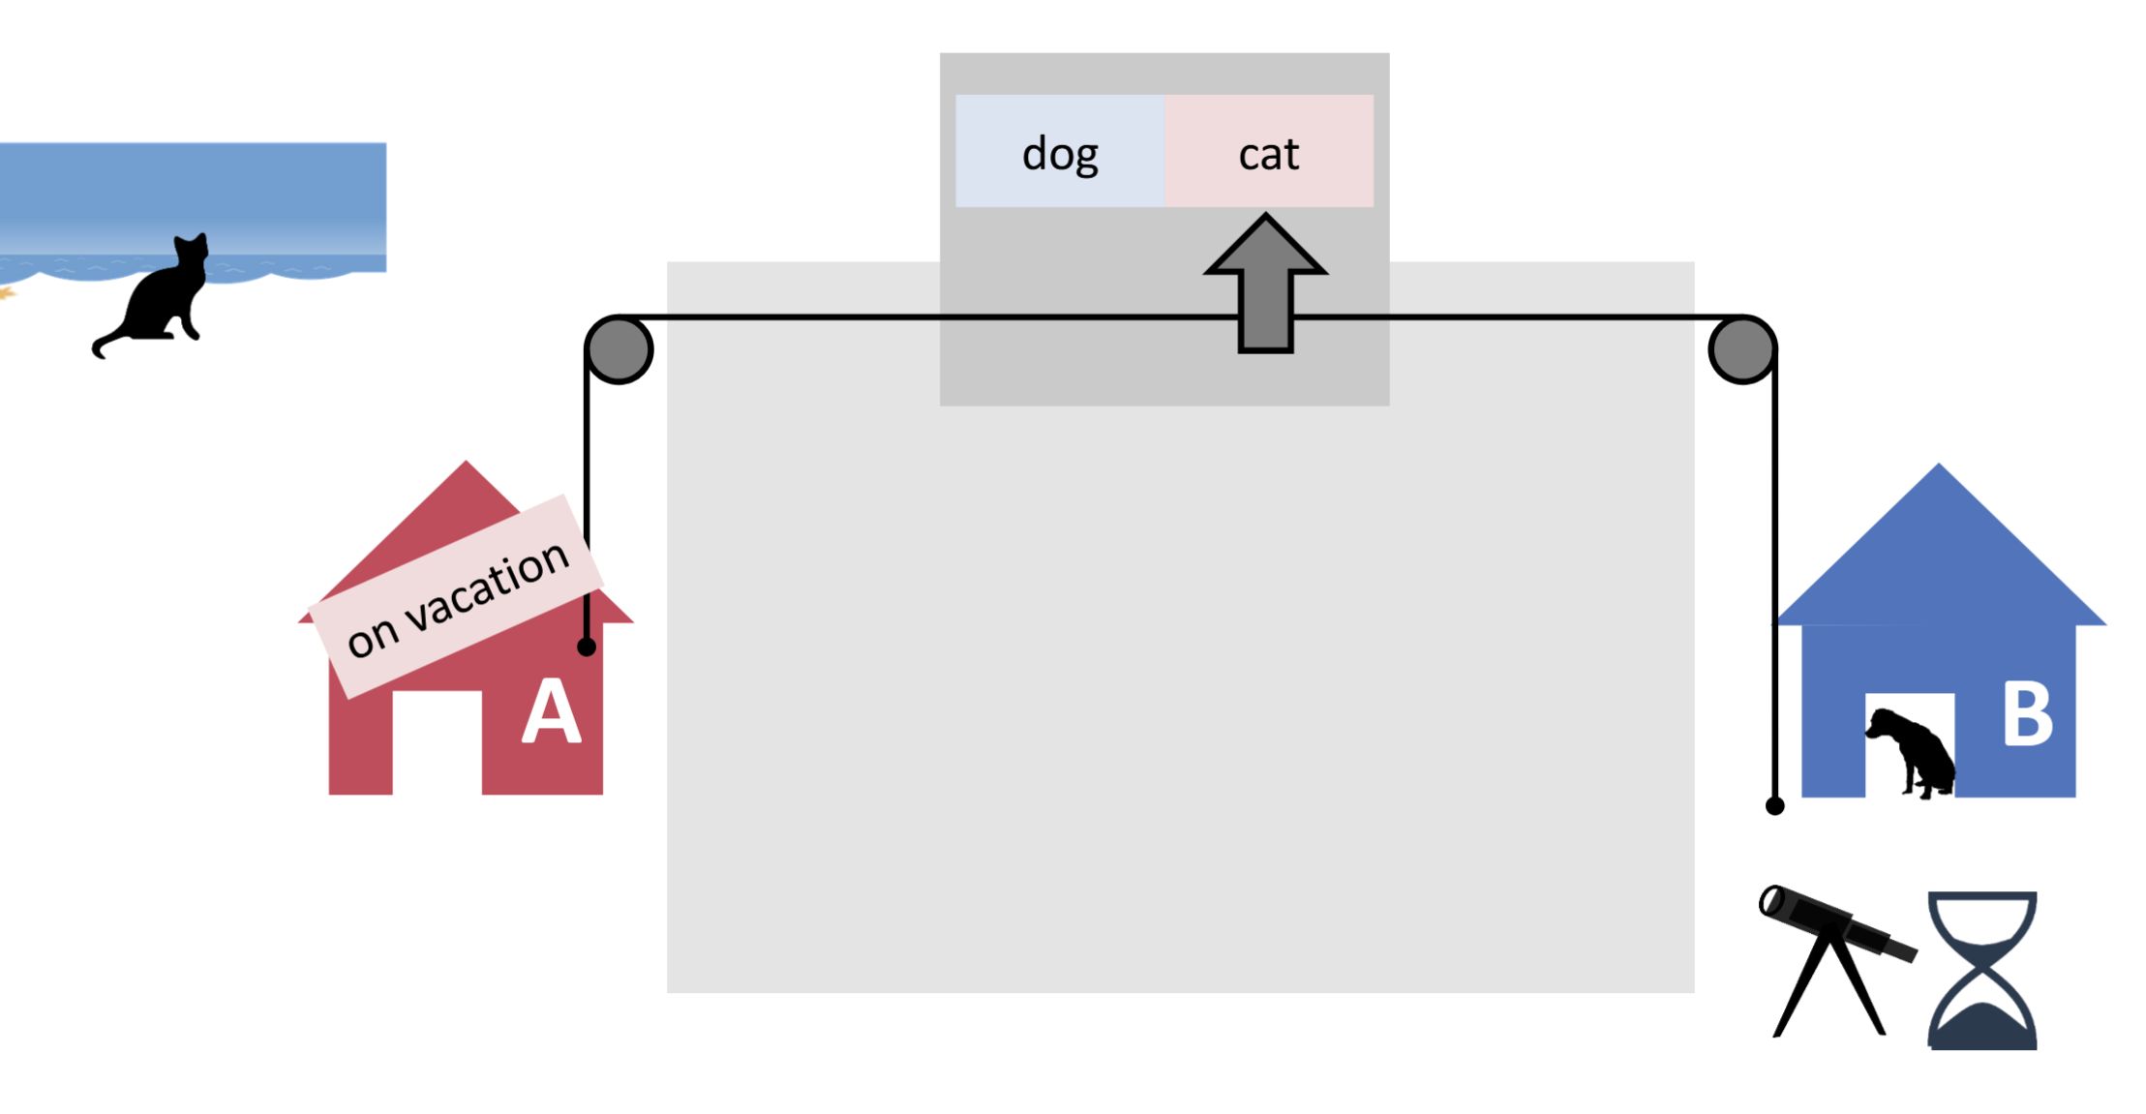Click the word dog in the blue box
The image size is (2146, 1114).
click(1060, 154)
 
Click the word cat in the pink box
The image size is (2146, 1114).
click(1268, 154)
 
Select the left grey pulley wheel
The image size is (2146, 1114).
click(620, 349)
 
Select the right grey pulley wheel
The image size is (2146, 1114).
click(1741, 349)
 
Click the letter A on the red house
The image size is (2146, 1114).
click(551, 711)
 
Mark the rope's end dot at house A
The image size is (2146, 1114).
click(587, 647)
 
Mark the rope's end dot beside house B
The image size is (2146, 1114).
click(1774, 805)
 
